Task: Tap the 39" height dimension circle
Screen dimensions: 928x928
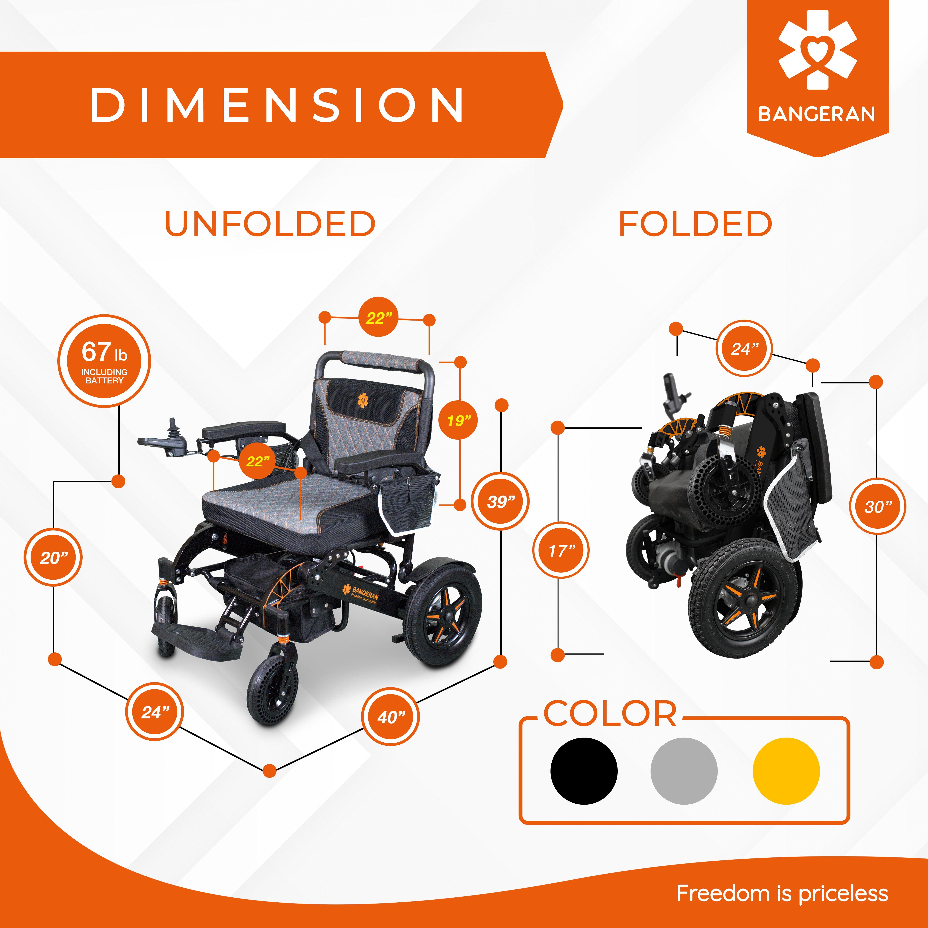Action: point(501,501)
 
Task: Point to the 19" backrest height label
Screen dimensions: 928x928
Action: point(459,421)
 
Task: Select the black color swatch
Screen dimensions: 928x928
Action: point(584,771)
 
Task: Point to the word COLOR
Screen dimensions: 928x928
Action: point(610,714)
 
